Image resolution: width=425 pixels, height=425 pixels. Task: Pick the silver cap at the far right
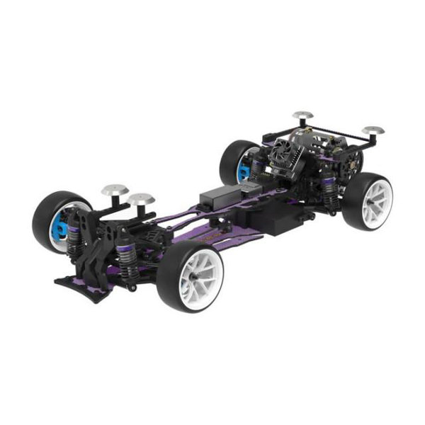[373, 131]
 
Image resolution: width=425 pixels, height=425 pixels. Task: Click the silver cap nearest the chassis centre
[141, 198]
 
